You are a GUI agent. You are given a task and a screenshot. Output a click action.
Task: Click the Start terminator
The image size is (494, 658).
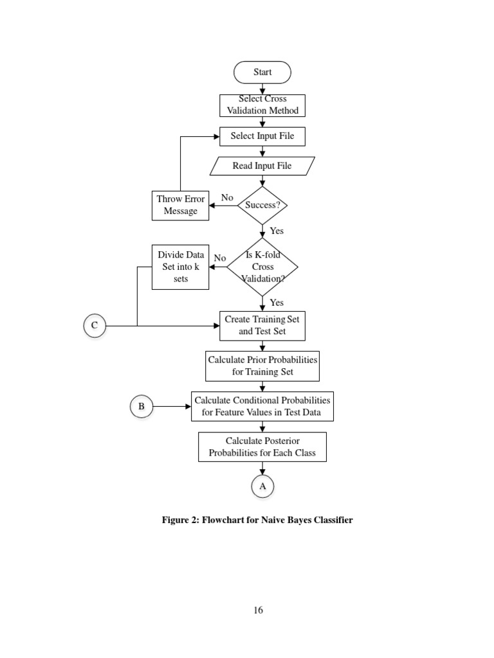point(262,72)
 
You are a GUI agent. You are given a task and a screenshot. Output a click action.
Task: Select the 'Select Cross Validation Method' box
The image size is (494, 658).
point(262,105)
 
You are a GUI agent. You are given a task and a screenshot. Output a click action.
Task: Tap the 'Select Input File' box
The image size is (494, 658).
point(262,136)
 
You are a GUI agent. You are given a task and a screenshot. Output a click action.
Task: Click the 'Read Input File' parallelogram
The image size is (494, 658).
point(262,166)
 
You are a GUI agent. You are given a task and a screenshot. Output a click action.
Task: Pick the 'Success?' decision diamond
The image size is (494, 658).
point(262,206)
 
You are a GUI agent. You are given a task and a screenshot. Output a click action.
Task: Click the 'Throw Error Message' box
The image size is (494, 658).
point(180,205)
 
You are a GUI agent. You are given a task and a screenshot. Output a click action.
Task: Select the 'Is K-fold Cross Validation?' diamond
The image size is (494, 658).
point(262,267)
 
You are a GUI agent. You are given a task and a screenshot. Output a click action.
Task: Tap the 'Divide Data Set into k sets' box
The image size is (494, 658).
point(180,267)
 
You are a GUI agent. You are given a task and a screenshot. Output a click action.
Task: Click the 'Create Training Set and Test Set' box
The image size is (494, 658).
point(262,325)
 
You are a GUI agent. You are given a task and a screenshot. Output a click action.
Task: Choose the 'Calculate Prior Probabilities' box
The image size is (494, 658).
point(262,366)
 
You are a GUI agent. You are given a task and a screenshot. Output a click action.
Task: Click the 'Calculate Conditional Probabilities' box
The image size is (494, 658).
point(262,406)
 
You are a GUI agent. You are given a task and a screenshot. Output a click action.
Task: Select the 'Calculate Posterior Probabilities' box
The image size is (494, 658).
point(262,447)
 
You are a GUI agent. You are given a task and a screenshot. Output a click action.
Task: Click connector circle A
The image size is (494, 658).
point(262,487)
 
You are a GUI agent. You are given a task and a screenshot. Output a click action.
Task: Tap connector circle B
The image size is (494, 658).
point(141,406)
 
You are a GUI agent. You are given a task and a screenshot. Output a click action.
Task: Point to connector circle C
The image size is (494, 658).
point(94,326)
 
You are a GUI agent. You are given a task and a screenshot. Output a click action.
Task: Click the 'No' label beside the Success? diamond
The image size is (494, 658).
point(227,197)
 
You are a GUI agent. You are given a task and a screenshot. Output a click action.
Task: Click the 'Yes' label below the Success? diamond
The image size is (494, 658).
point(277,231)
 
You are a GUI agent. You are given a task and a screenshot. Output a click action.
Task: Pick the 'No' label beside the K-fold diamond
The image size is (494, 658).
point(220,258)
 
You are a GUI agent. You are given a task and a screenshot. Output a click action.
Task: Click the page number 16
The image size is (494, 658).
point(258,610)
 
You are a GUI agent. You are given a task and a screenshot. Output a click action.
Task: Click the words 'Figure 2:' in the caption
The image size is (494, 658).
point(180,520)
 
